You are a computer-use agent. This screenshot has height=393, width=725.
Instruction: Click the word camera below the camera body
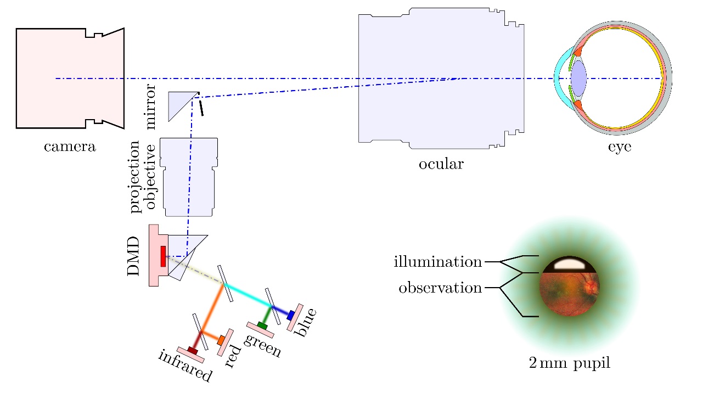coord(70,147)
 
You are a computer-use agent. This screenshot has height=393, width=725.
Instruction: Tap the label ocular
coord(441,164)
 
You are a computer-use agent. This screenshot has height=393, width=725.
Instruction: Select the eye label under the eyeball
coord(619,147)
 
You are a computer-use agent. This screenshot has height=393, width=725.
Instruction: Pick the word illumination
coord(437,262)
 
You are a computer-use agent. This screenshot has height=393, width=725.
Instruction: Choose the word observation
coord(440,288)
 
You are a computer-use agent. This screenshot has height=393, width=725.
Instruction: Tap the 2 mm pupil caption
coord(569,363)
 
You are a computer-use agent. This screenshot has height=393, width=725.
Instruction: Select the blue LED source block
coord(291,315)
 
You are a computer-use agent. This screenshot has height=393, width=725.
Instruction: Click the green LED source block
coord(262,326)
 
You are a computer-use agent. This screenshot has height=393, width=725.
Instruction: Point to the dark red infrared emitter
coord(192,350)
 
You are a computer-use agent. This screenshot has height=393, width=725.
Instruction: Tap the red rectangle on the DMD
coord(163,256)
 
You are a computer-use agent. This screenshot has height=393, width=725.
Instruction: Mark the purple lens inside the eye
coord(578,78)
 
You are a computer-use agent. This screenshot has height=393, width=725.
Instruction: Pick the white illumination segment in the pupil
coord(569,264)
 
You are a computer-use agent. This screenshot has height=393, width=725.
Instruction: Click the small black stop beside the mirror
coord(202,108)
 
